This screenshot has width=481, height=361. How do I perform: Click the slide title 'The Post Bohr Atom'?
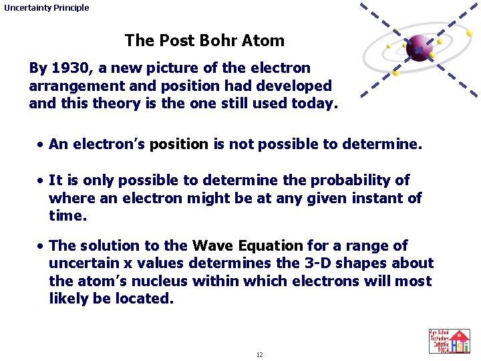pyautogui.click(x=204, y=41)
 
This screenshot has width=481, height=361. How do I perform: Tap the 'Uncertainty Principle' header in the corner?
pyautogui.click(x=46, y=8)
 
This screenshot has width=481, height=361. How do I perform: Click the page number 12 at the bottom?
pyautogui.click(x=259, y=354)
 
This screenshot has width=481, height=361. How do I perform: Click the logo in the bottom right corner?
pyautogui.click(x=449, y=341)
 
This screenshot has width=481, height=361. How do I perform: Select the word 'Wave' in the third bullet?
pyautogui.click(x=212, y=246)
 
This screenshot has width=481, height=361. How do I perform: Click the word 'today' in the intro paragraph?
pyautogui.click(x=316, y=104)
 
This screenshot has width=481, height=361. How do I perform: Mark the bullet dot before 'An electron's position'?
pyautogui.click(x=41, y=144)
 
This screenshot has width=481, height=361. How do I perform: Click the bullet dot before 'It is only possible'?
pyautogui.click(x=41, y=180)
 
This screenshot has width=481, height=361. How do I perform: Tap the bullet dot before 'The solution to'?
pyautogui.click(x=41, y=246)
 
